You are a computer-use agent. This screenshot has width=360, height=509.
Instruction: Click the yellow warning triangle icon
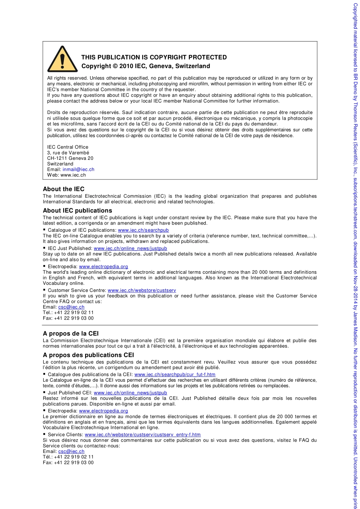[x=63, y=60]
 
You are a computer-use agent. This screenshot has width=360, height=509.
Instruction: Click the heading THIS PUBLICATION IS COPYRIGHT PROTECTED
[x=154, y=57]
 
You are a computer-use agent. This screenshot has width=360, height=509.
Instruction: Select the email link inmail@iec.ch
[x=78, y=169]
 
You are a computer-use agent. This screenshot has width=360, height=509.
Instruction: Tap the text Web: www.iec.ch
[x=67, y=175]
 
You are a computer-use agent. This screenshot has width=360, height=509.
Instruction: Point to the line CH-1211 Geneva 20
[x=70, y=158]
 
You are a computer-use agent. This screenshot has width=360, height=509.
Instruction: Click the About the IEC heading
[x=64, y=189]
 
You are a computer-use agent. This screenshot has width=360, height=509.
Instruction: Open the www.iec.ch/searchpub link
[x=143, y=230]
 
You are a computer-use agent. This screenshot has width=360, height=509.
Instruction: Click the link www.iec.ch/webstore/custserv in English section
[x=142, y=290]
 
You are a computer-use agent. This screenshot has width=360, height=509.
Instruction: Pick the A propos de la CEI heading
[x=70, y=334]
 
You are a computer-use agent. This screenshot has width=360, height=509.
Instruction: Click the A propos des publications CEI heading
[x=88, y=355]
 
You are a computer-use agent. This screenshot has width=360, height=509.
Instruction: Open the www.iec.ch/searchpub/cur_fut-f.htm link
[x=175, y=375]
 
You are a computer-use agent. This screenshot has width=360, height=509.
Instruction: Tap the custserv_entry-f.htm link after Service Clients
[x=142, y=434]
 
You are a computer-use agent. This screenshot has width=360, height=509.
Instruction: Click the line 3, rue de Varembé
[x=68, y=153]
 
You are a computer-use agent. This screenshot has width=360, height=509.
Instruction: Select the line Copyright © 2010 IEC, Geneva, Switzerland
[x=146, y=66]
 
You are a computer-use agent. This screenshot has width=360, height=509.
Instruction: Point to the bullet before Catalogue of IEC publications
[x=44, y=230]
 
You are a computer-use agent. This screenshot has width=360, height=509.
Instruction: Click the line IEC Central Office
[x=67, y=147]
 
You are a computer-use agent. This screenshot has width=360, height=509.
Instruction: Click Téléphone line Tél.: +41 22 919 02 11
[x=68, y=457]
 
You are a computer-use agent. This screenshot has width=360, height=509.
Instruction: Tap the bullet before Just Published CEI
[x=44, y=393]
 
